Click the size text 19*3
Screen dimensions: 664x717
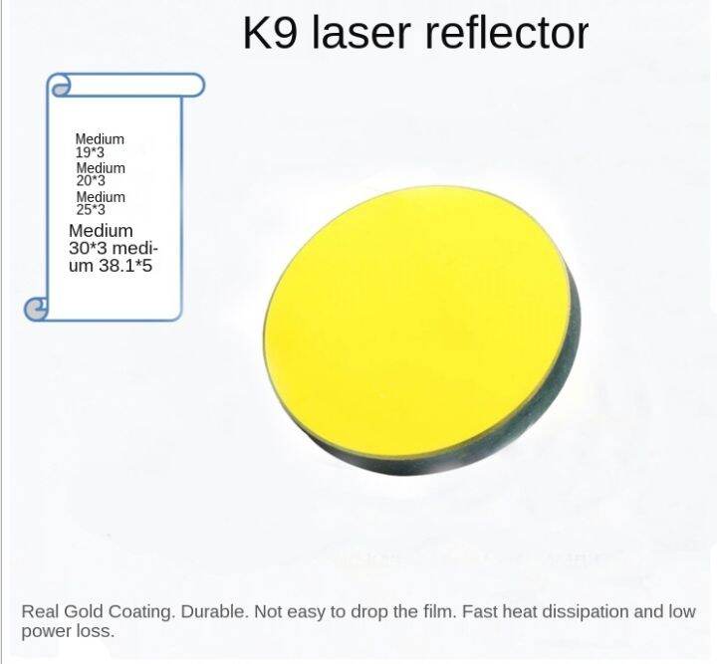click(x=90, y=153)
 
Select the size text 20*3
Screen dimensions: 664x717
click(x=90, y=182)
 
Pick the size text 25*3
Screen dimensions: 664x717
click(x=90, y=210)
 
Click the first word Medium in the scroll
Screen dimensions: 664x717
click(x=100, y=139)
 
